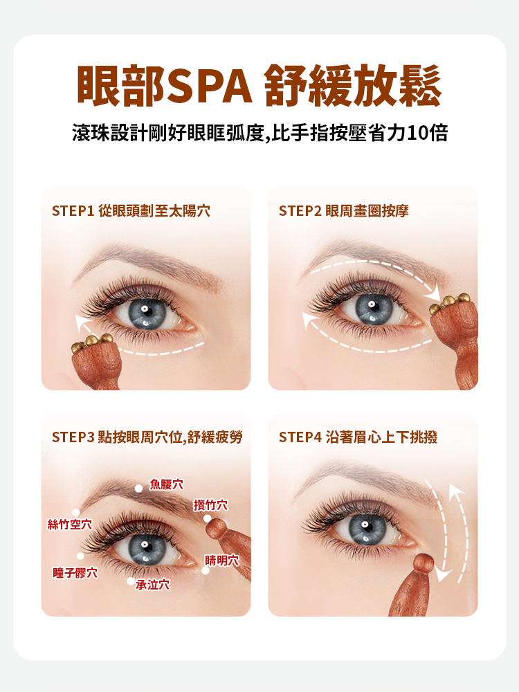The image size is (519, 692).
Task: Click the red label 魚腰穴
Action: (x=166, y=484)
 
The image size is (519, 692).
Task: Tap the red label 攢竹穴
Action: (x=210, y=505)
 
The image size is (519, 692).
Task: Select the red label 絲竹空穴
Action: (x=70, y=525)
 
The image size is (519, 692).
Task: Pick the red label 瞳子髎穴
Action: (x=75, y=573)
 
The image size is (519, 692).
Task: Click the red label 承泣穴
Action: (x=153, y=585)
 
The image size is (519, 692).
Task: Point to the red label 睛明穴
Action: (x=222, y=561)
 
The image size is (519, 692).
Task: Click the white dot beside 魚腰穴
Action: (x=138, y=488)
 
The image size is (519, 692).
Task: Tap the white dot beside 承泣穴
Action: (x=131, y=581)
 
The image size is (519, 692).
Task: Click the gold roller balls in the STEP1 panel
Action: (x=92, y=343)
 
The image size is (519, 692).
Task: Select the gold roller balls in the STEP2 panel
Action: (x=449, y=302)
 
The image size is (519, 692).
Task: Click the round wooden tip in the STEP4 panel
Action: (x=423, y=563)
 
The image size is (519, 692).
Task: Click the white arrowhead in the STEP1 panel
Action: (x=81, y=322)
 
